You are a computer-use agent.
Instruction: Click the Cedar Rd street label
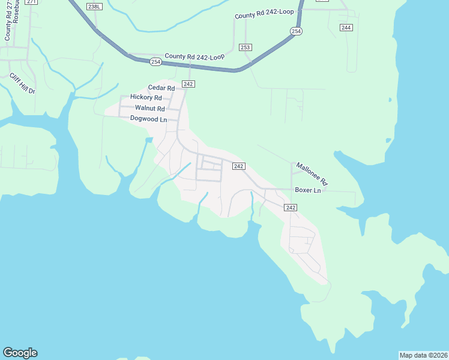(x=161, y=88)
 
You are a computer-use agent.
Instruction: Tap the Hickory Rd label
(x=146, y=97)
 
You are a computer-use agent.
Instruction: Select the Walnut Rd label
(x=149, y=108)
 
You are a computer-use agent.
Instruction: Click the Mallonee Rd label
(x=312, y=173)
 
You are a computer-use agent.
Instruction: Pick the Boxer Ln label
(x=309, y=190)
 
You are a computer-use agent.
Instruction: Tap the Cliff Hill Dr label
(x=23, y=83)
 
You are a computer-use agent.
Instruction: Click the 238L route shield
(x=93, y=6)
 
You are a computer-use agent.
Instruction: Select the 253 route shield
(x=245, y=47)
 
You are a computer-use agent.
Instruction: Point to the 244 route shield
(x=346, y=28)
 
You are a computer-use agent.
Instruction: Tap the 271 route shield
(x=31, y=2)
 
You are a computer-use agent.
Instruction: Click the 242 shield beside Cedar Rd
(x=188, y=85)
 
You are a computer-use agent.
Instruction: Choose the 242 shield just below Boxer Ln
(x=291, y=207)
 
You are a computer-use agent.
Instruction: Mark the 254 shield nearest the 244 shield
(x=296, y=31)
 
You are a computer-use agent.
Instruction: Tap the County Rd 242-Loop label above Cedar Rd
(x=194, y=56)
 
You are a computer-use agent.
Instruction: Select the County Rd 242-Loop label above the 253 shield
(x=265, y=16)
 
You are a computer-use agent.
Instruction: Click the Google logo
(x=20, y=353)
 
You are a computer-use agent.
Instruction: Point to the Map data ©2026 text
(x=424, y=355)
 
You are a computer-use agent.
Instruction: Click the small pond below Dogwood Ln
(x=148, y=140)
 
